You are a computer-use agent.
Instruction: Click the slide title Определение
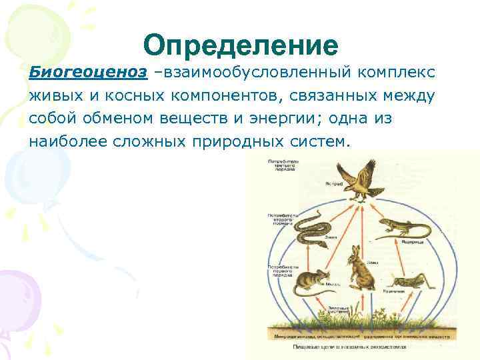[240, 45]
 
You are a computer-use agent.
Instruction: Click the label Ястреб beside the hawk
[334, 183]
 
